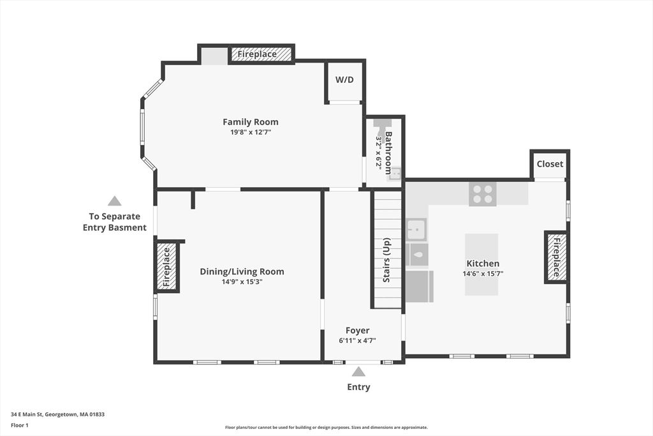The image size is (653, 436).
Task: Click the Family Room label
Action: (250, 122)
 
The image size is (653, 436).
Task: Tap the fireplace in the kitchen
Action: (555, 257)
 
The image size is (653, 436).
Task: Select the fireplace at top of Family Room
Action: (257, 54)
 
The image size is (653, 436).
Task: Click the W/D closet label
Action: (344, 80)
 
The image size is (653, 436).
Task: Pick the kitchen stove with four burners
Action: (482, 193)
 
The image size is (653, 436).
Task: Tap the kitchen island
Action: (481, 264)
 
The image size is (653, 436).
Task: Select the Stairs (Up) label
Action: (386, 260)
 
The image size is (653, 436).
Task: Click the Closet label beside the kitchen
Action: (550, 164)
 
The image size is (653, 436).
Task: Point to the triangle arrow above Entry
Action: (358, 372)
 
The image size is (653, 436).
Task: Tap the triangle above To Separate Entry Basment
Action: (114, 201)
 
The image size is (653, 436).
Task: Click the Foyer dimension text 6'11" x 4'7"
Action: (357, 340)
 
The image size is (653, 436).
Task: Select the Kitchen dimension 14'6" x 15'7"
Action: (483, 273)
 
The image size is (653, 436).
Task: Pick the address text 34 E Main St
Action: (57, 414)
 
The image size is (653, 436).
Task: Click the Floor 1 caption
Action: (20, 425)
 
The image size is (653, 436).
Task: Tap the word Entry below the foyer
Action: (358, 387)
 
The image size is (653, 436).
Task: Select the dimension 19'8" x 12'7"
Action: (250, 132)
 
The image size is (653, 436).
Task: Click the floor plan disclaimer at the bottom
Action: (326, 428)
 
